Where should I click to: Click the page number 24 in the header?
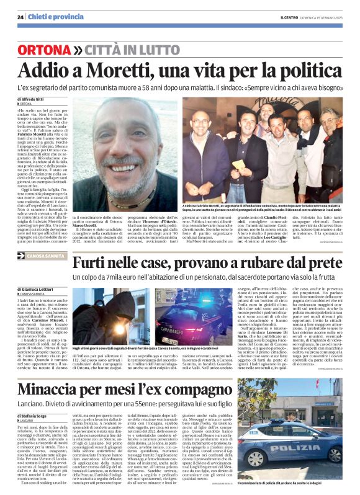coord(21,17)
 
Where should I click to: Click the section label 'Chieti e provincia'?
coord(50,17)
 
